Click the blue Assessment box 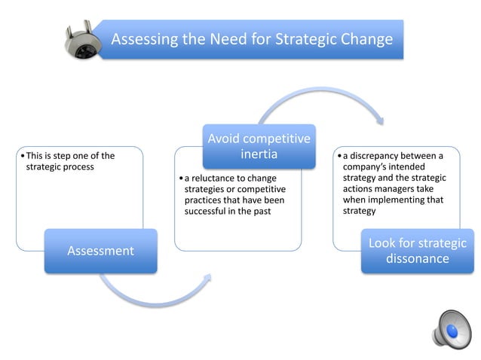[100, 250]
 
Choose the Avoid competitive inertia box [259, 146]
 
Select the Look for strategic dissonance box [417, 251]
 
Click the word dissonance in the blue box [417, 259]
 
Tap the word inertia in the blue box [259, 154]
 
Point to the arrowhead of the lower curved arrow [205, 279]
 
